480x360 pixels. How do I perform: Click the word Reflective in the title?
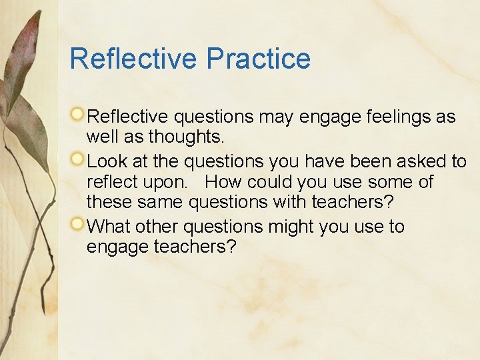point(135,59)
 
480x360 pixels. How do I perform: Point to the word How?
point(222,183)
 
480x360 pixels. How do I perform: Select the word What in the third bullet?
point(109,227)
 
